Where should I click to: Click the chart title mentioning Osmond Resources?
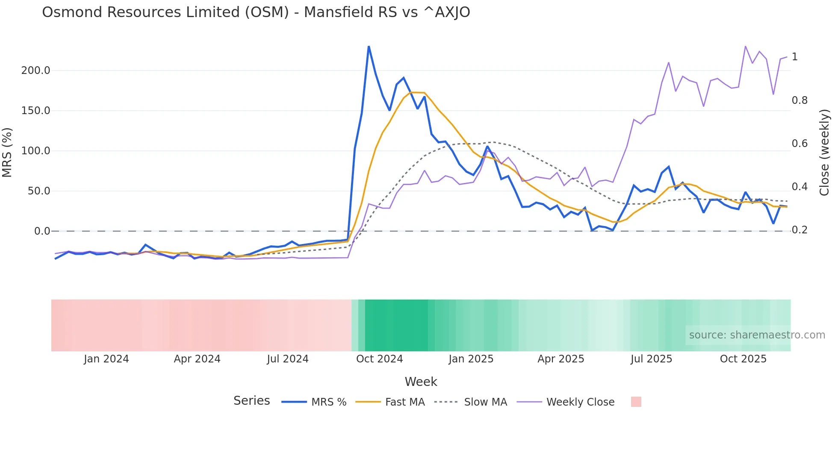(x=256, y=12)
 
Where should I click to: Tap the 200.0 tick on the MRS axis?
(x=35, y=71)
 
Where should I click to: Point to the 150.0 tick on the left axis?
(x=35, y=111)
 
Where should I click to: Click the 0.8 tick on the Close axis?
(x=800, y=100)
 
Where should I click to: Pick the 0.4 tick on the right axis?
(x=800, y=187)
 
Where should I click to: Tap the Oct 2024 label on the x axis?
(x=379, y=359)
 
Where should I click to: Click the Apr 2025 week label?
(x=561, y=359)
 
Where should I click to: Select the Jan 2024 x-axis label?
(x=106, y=359)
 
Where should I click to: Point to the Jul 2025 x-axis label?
(x=651, y=359)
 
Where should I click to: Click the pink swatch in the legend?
(x=636, y=402)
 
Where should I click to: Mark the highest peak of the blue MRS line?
(x=369, y=47)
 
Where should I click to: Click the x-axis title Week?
(x=421, y=382)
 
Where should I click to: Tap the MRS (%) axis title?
(x=7, y=153)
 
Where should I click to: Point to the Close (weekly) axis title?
(x=824, y=153)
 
